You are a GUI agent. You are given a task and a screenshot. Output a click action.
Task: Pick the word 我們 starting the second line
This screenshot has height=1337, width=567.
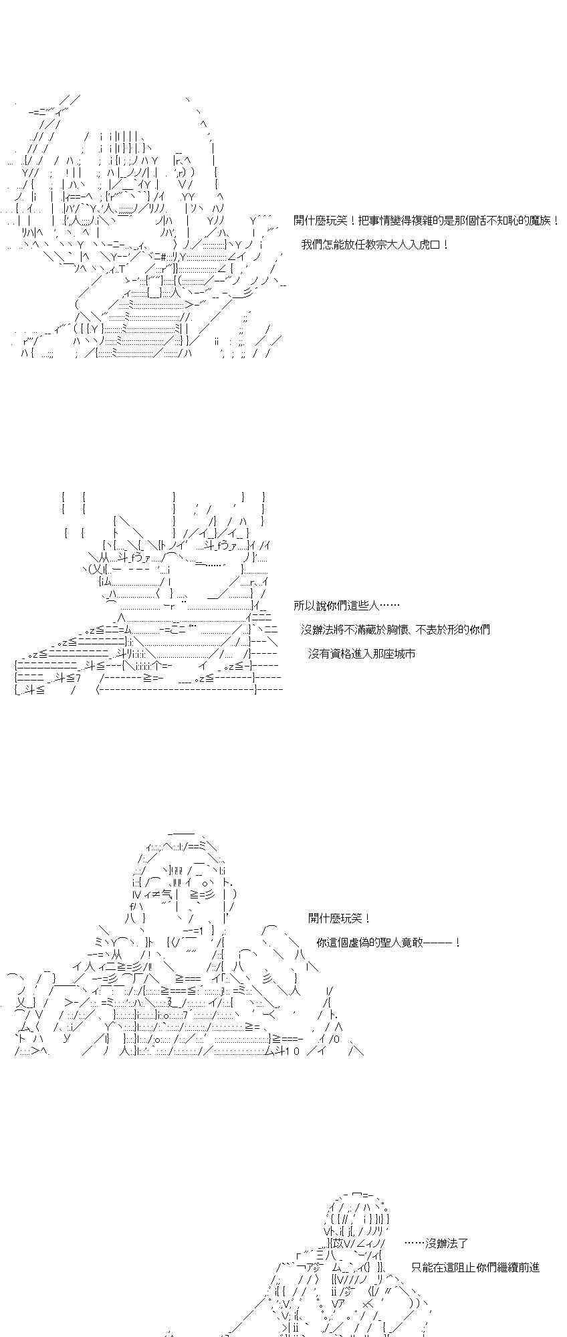[312, 245]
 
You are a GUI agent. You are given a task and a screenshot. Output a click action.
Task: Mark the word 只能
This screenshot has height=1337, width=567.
[423, 1267]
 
